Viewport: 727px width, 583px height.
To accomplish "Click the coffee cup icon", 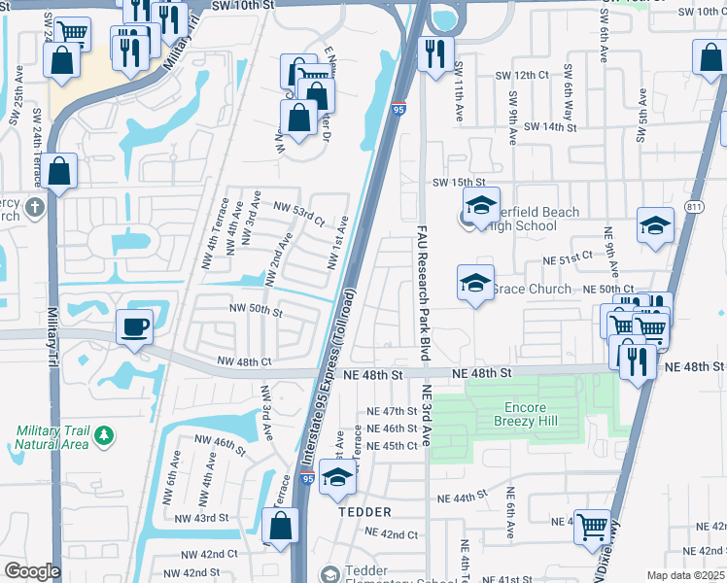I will click(135, 326).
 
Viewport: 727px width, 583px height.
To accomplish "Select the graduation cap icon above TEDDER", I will click(337, 477).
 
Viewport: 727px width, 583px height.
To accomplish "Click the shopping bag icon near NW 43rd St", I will click(281, 527).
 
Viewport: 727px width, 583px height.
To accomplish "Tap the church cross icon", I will click(34, 206).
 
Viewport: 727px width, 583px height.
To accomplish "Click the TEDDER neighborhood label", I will click(364, 512).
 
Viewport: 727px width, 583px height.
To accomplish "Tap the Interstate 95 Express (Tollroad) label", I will click(330, 384).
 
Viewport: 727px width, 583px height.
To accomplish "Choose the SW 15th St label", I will click(458, 183).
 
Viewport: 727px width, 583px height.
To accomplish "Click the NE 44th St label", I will click(461, 497).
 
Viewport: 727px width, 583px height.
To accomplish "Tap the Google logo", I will click(31, 571).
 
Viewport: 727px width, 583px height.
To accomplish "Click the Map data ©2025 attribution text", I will click(684, 576).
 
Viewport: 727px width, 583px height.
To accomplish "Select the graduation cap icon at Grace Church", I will click(475, 283).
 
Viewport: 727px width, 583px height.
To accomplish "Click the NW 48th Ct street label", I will click(244, 361).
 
